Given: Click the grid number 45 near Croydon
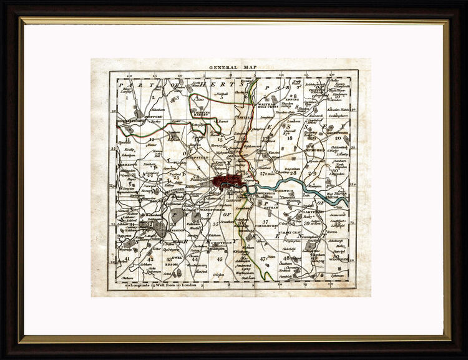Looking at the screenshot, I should tap(219, 258).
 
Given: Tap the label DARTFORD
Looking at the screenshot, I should tap(313, 212).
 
